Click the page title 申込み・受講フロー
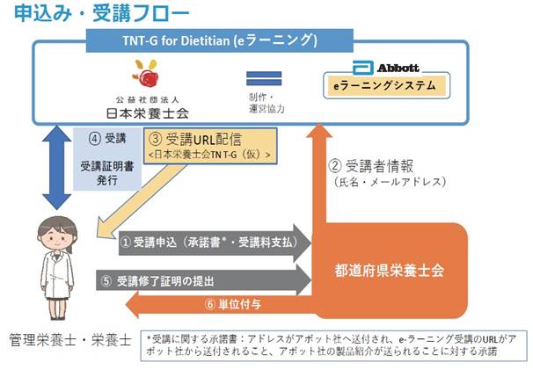tap(102, 13)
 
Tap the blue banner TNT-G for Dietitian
tap(220, 40)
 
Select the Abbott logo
tap(385, 68)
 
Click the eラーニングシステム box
tap(386, 85)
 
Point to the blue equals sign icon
tap(264, 78)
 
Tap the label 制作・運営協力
tap(266, 103)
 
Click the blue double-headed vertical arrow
tap(56, 168)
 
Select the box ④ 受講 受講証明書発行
tap(107, 159)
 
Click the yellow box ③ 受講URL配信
tap(210, 146)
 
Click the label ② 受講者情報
tap(371, 166)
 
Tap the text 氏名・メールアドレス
tap(390, 182)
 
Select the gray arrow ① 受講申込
tap(215, 243)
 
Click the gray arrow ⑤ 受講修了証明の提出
tap(204, 280)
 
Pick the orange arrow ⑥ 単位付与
tap(221, 305)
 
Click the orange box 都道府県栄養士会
tap(390, 271)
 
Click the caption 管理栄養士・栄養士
tap(70, 340)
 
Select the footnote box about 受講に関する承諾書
tap(333, 345)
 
